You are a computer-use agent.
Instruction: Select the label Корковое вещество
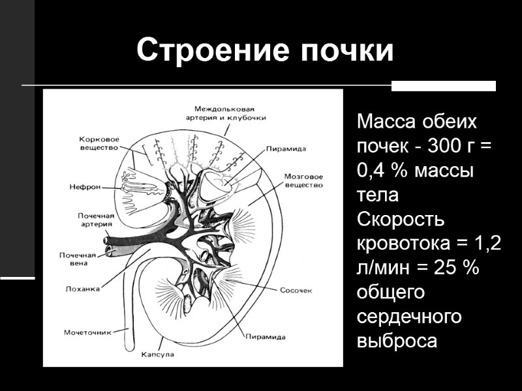(98, 144)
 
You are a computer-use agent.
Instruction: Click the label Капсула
(157, 356)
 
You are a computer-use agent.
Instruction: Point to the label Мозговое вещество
(304, 181)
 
